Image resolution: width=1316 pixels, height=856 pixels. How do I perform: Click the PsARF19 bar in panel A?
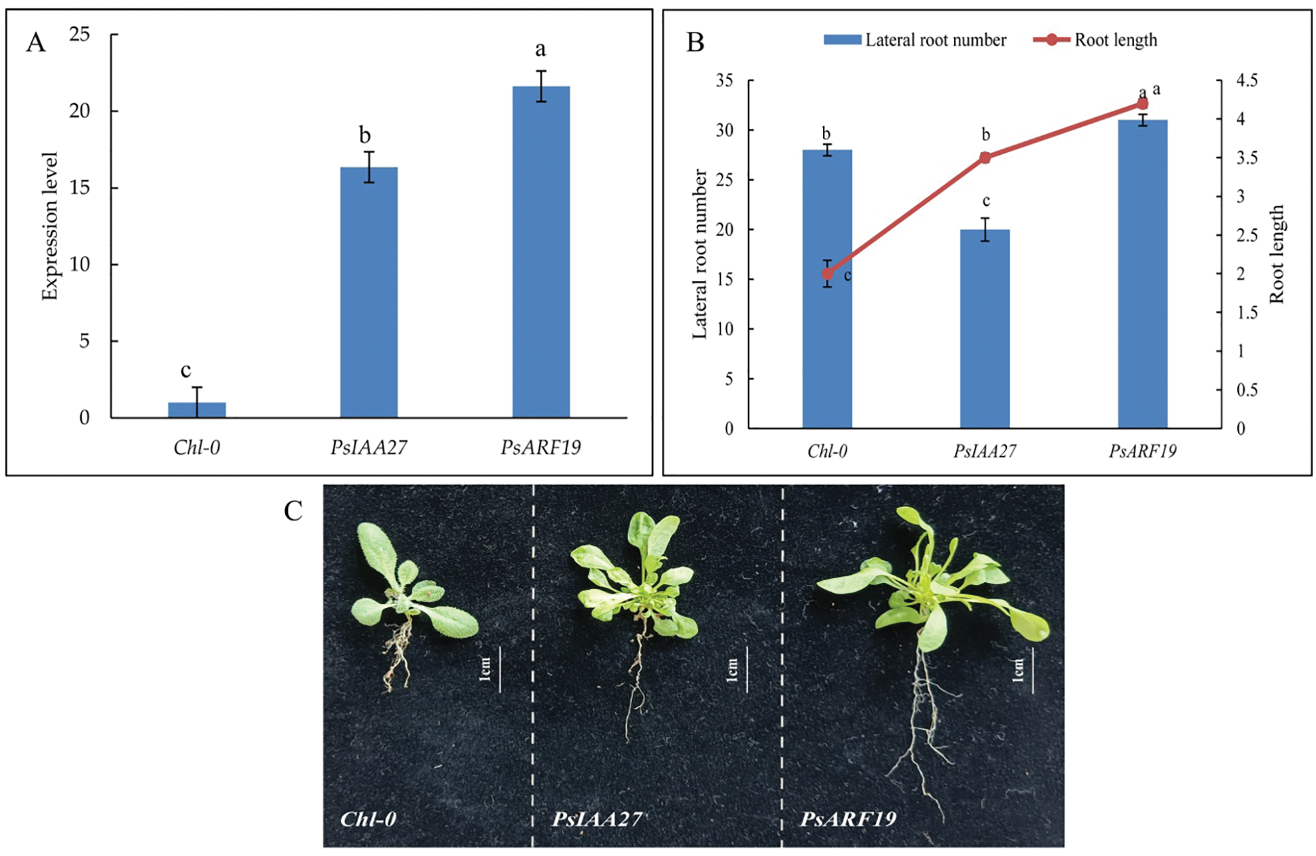coord(541,251)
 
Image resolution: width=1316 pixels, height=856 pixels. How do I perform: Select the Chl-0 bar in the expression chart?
coord(197,410)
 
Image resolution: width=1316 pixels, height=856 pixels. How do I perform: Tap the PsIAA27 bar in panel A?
coord(369,292)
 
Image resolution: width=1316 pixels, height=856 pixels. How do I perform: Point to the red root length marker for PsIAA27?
coord(985,158)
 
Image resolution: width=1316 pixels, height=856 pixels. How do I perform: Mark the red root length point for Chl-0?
coord(827,274)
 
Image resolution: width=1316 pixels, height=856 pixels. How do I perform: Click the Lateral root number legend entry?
coord(915,40)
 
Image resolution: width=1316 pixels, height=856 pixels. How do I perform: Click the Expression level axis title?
coord(50,226)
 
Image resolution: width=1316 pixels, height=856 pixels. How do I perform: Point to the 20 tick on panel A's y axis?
coord(79,111)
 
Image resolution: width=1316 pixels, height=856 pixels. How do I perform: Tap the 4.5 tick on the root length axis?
coord(1246,81)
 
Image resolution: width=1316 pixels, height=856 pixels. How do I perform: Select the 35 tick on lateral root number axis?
coord(725,81)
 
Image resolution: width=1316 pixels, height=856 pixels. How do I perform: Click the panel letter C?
coord(293,511)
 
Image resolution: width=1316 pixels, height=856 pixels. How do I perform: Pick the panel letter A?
coord(35,43)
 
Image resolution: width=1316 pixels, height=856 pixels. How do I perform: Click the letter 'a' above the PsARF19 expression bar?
coord(541,49)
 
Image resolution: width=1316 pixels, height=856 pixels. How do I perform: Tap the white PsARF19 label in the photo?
coord(848,819)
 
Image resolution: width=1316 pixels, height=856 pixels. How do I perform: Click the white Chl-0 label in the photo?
coord(368,819)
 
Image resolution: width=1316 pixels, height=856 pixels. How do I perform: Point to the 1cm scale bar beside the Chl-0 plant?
coord(500,669)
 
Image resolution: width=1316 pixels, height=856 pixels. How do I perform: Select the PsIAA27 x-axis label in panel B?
coord(985,451)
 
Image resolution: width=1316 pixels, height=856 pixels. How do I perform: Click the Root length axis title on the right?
coord(1277,254)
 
